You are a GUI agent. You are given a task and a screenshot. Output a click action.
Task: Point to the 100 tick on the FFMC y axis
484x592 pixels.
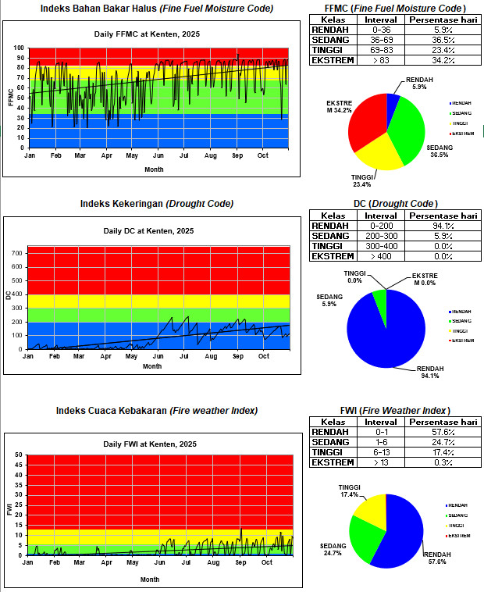pyautogui.click(x=22, y=48)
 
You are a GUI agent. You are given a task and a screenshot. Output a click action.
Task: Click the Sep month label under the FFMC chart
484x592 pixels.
pyautogui.click(x=237, y=155)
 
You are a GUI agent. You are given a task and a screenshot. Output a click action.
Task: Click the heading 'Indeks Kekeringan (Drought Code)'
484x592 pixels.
pyautogui.click(x=157, y=204)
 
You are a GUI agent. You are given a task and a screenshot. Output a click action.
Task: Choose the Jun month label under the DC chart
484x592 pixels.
pyautogui.click(x=158, y=356)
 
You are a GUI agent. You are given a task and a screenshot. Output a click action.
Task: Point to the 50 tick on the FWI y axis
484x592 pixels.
pyautogui.click(x=19, y=455)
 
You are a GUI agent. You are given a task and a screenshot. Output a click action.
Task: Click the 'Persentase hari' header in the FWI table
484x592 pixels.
pyautogui.click(x=441, y=422)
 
